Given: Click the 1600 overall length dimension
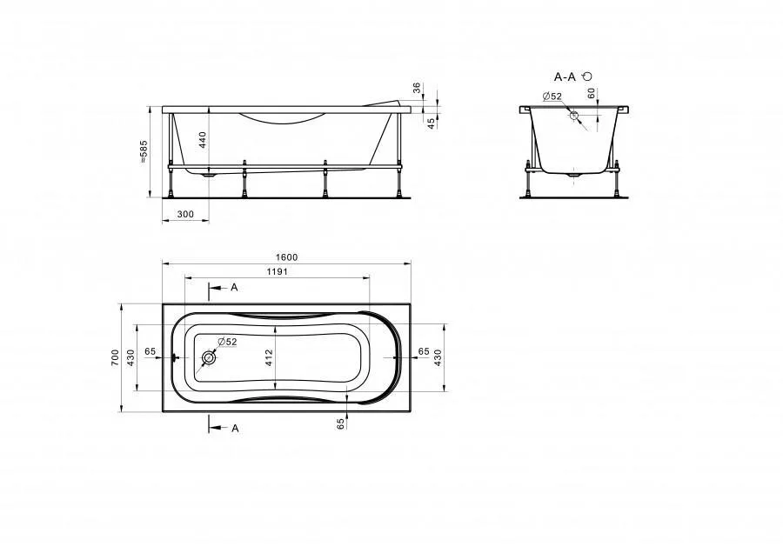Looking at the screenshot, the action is (x=286, y=257).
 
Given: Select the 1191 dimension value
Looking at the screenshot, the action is (x=277, y=272).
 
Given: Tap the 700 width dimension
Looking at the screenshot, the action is (x=116, y=358).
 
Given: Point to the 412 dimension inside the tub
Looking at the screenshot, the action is (x=269, y=358).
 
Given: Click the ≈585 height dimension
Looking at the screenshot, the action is (x=144, y=152).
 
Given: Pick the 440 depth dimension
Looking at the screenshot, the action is (x=202, y=141).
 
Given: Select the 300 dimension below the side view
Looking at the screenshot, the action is (x=185, y=215).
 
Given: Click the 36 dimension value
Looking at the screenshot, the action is (x=418, y=88).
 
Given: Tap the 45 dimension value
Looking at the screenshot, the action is (x=431, y=123).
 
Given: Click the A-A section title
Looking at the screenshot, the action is (x=565, y=77).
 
